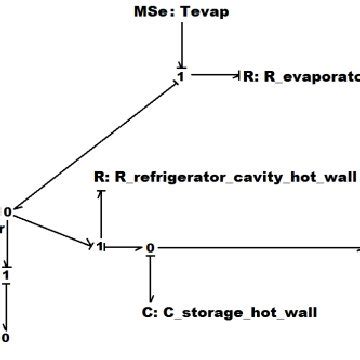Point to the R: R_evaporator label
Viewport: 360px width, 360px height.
point(300,75)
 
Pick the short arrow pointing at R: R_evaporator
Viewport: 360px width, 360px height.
point(215,74)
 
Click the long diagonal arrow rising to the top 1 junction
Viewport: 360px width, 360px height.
point(95,142)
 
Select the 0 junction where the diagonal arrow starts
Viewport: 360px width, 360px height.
point(7,211)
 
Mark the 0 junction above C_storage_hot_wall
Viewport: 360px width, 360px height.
point(150,247)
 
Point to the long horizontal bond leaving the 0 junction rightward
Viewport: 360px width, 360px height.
point(260,247)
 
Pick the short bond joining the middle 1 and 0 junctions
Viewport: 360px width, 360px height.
point(124,246)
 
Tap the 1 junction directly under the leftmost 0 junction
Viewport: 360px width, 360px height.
point(6,275)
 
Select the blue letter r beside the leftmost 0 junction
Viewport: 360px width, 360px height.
point(3,227)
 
